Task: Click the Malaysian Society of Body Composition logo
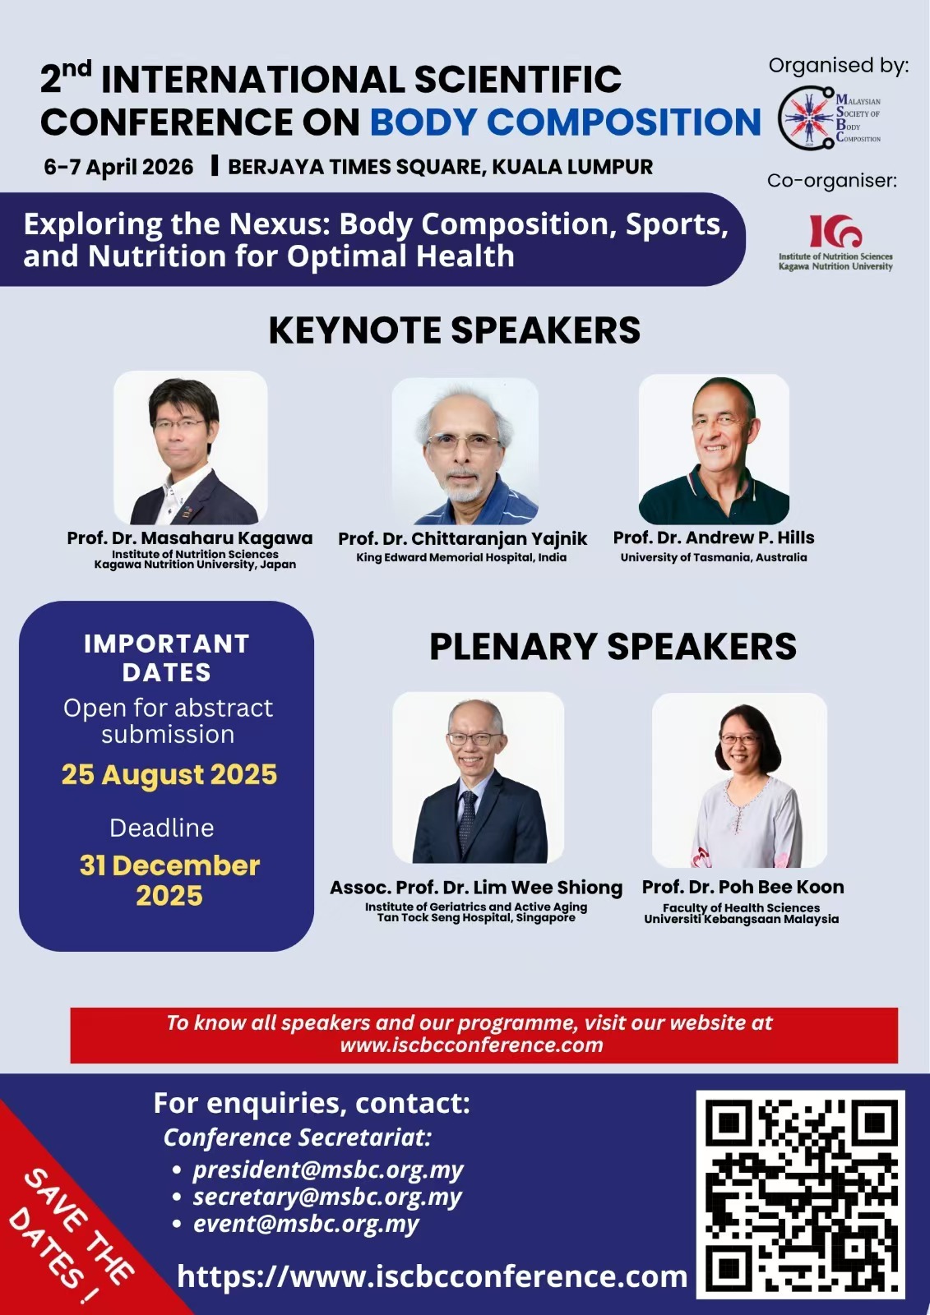coord(830,118)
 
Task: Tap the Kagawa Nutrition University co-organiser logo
coord(835,241)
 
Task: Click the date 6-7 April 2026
coord(118,167)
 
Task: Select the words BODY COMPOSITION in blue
coord(566,122)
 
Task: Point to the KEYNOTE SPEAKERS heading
coord(454,330)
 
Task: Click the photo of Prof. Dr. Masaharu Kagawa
coord(191,448)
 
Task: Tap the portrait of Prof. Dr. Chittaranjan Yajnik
coord(465,451)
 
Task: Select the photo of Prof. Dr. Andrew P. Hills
coord(714,449)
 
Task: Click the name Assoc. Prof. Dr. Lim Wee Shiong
coord(476,888)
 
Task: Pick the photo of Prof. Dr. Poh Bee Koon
coord(739,780)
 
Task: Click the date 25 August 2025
coord(169,774)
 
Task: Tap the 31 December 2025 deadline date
coord(169,880)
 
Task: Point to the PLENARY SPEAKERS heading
coord(613,647)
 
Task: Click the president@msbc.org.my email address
coord(328,1170)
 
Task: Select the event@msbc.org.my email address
coord(306,1224)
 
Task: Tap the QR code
coord(800,1194)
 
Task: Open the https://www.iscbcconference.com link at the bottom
coord(432,1276)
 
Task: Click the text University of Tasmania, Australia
coord(714,557)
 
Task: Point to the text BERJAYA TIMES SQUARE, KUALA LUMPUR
coord(440,167)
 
